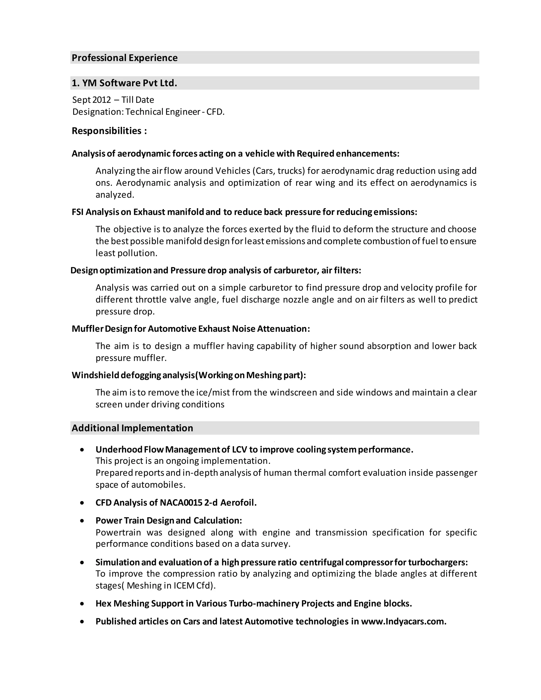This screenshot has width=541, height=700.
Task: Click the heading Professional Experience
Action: [x=124, y=58]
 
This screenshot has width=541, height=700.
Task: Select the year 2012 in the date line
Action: [x=101, y=100]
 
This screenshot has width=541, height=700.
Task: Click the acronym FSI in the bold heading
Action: [x=78, y=212]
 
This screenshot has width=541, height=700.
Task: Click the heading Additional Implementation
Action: [x=132, y=428]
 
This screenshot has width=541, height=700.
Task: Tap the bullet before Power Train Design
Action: [x=82, y=521]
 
